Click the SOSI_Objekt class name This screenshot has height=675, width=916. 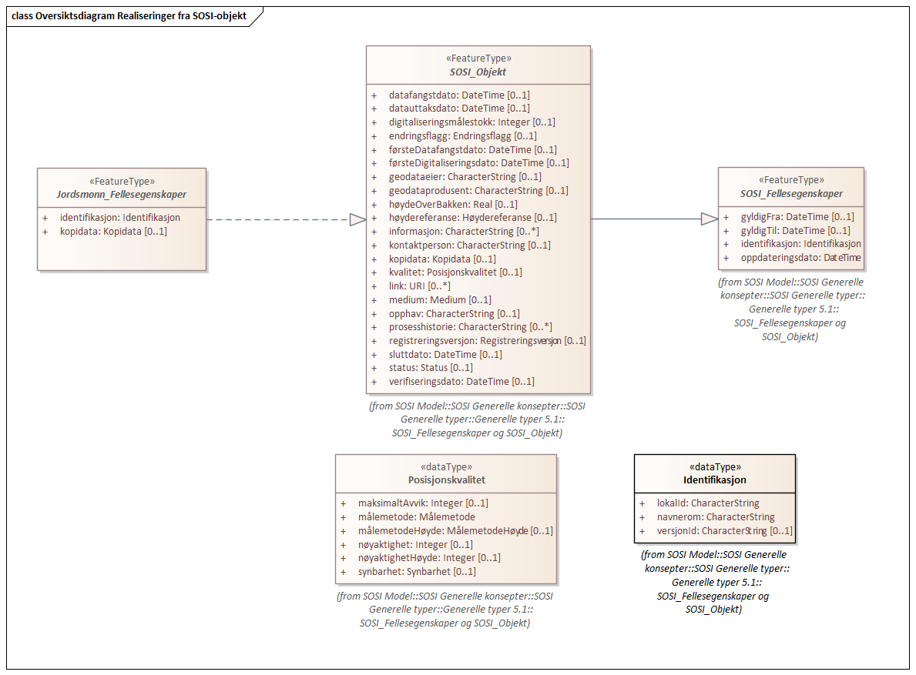pos(478,72)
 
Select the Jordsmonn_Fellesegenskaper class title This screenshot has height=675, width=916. pos(122,194)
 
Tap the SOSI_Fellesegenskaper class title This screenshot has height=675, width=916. pos(791,193)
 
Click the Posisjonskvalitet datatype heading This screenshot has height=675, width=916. pos(446,480)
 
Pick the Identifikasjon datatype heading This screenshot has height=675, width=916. pos(714,480)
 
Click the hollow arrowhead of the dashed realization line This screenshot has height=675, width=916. pos(357,219)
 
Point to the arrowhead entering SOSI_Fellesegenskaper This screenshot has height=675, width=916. pos(709,219)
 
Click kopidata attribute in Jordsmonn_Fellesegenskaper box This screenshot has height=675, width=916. pos(112,231)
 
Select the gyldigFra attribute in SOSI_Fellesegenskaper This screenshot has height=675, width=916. pos(786,217)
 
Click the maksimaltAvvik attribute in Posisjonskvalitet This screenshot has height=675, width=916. pos(422,503)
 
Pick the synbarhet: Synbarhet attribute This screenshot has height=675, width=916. pos(416,572)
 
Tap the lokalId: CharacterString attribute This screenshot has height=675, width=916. pos(707,503)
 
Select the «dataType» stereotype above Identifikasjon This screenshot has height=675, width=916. pos(714,466)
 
